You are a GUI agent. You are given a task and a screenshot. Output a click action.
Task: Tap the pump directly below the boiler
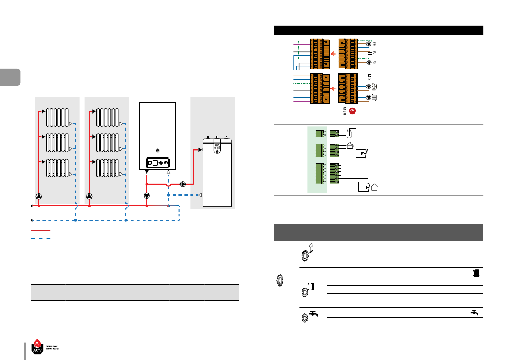147,196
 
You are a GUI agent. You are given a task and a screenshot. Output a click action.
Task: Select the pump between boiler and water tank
183,184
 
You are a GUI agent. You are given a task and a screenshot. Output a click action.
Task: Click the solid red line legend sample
41,231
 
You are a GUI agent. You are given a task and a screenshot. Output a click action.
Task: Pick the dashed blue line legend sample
41,237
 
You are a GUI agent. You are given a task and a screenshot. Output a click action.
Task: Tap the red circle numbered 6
352,111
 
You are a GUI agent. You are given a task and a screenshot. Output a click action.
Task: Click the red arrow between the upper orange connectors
332,54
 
